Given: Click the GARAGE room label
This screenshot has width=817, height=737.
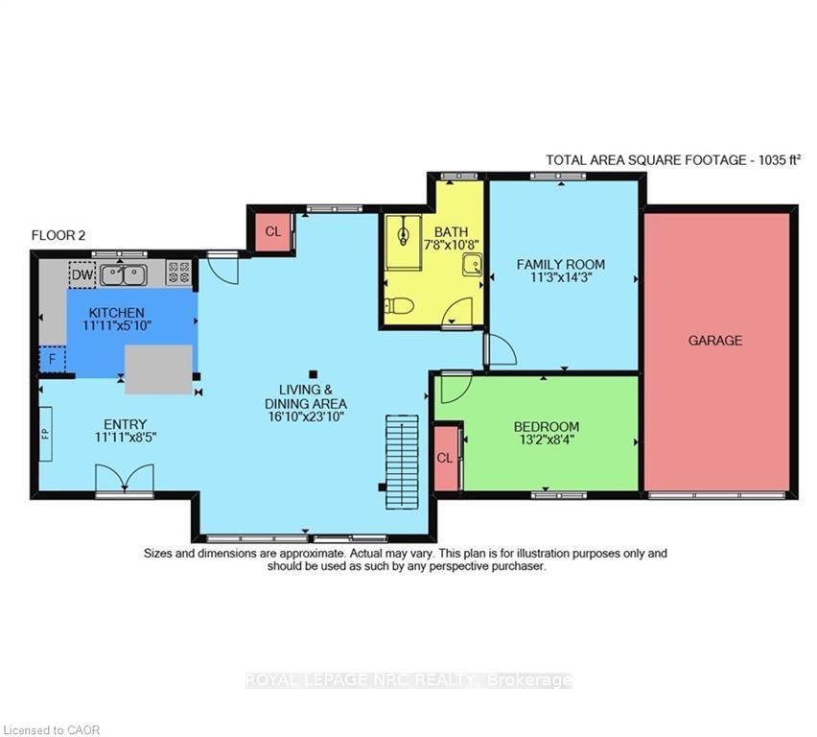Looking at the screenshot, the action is (x=715, y=341).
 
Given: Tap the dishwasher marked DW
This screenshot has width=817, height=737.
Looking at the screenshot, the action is (x=82, y=274).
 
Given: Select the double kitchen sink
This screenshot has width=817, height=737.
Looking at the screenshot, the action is (x=124, y=274).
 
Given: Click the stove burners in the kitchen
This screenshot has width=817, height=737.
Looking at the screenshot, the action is (x=178, y=273).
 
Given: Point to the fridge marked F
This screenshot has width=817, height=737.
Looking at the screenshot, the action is (x=52, y=359).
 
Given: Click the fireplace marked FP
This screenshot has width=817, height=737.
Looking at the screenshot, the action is (x=46, y=434).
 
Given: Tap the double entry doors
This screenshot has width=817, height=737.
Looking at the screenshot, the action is (x=125, y=478).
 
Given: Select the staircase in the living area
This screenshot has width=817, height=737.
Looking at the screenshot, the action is (x=402, y=463).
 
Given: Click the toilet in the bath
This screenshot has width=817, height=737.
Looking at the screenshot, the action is (x=399, y=305).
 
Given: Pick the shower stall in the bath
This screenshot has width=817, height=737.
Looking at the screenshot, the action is (x=403, y=242).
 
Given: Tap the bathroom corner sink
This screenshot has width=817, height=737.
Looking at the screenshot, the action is (x=472, y=265).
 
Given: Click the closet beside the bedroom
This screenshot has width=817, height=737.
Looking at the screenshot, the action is (x=446, y=459).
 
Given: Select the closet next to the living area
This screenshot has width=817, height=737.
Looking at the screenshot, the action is (x=273, y=231).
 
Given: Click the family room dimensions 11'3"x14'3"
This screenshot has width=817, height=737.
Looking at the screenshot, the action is (x=561, y=277).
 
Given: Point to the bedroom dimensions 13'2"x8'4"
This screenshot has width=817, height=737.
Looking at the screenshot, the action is (x=547, y=440).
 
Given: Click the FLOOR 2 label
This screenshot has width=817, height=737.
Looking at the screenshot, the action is (x=58, y=235).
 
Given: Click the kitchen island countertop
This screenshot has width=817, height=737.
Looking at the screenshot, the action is (x=158, y=369).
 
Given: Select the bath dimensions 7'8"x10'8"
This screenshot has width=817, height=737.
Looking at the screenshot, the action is (x=452, y=244).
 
